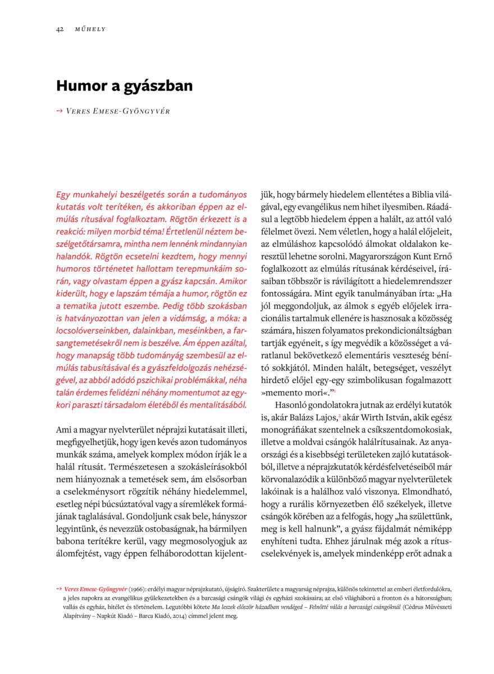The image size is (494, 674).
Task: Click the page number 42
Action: tap(59, 29)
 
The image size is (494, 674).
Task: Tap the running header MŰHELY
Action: tap(90, 29)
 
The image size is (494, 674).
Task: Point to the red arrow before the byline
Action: tap(60, 111)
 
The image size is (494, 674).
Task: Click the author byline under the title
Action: tap(118, 111)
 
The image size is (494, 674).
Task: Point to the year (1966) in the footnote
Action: tap(137, 590)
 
